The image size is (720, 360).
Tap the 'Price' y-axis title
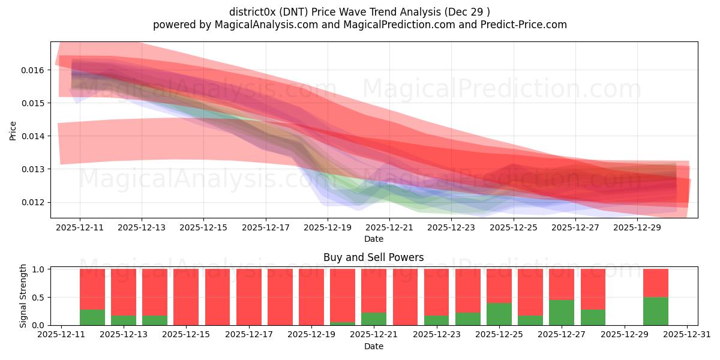(13, 130)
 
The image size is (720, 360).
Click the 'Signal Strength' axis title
(23, 296)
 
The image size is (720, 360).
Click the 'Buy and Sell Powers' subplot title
(373, 257)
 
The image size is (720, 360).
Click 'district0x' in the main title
(253, 11)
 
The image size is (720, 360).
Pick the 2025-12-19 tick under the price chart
(327, 228)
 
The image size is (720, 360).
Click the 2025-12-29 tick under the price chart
(637, 228)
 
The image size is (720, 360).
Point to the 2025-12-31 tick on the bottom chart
(687, 335)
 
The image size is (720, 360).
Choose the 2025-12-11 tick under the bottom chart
(61, 335)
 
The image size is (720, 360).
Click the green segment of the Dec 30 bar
(656, 311)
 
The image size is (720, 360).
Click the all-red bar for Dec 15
(186, 297)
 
